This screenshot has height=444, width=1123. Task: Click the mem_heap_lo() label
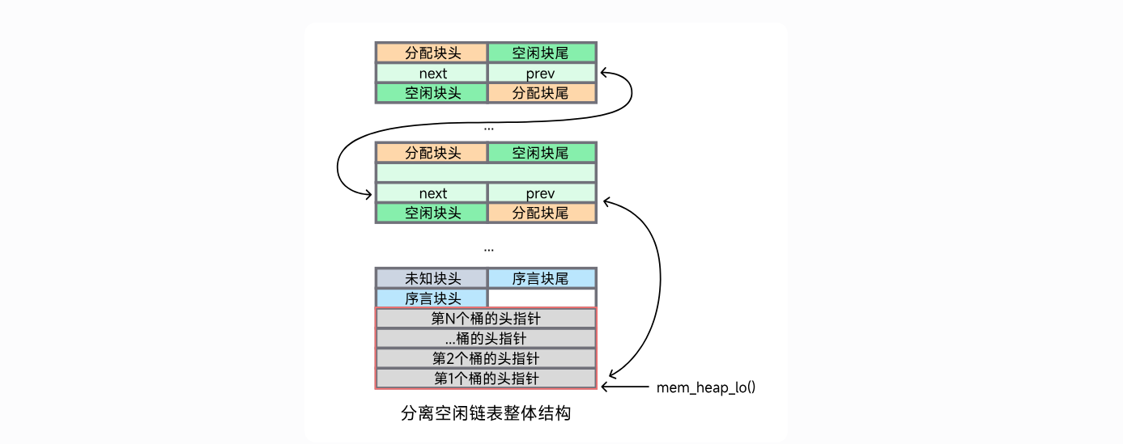click(x=706, y=387)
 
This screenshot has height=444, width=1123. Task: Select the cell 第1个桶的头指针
click(x=486, y=378)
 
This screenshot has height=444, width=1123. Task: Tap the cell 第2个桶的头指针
click(x=486, y=358)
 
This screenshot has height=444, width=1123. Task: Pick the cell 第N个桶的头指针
click(x=486, y=319)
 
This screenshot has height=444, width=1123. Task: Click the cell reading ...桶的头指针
click(x=486, y=339)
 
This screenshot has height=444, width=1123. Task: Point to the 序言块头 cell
click(x=432, y=298)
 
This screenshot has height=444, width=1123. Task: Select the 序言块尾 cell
click(x=541, y=279)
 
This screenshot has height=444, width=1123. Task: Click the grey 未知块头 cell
click(x=432, y=279)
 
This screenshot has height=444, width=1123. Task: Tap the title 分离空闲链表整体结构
click(x=486, y=413)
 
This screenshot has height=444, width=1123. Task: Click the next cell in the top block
click(x=432, y=74)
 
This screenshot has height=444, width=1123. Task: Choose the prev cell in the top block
click(x=541, y=74)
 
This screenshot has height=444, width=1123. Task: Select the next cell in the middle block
click(x=432, y=193)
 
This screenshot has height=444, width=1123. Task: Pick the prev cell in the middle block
click(x=541, y=193)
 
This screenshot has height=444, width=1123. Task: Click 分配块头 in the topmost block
click(x=432, y=53)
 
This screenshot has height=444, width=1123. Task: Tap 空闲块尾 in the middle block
click(x=541, y=153)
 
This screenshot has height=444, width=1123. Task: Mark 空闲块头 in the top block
click(x=432, y=93)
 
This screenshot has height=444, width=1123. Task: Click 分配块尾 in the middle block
click(x=541, y=214)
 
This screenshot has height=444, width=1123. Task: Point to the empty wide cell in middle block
click(x=486, y=173)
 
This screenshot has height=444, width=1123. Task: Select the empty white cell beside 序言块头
click(x=541, y=298)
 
